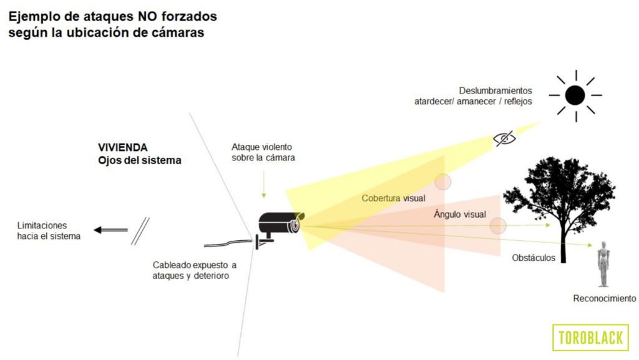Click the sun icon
tap(575, 95)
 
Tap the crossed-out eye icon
tap(504, 139)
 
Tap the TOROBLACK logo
tap(590, 338)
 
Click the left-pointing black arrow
tap(109, 230)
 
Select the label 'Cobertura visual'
tap(393, 198)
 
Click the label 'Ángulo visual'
tap(459, 214)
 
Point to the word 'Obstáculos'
tap(533, 258)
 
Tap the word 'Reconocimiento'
tap(604, 299)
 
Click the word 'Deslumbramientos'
tap(495, 90)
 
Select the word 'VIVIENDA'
tap(122, 148)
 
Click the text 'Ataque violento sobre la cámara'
tap(263, 152)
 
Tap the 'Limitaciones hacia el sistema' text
tap(49, 231)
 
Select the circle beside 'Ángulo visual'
tap(497, 226)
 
